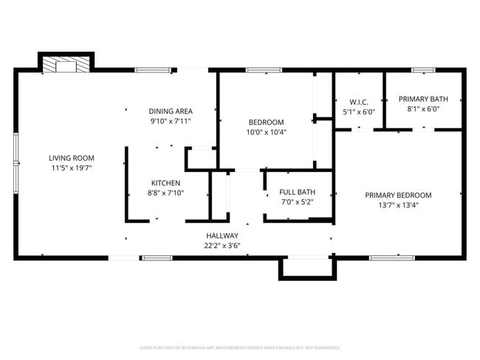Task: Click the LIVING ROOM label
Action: coord(72,158)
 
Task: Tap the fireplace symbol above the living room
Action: coord(66,66)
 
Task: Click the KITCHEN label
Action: coord(165,183)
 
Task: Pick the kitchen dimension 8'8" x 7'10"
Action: coord(165,193)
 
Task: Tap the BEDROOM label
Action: coord(266,122)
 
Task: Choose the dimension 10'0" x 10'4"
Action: coord(266,132)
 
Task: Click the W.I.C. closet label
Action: coord(359,102)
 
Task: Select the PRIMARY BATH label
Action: coord(423,99)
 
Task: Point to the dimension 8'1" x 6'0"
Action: coord(423,108)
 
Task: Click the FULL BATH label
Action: coord(297,192)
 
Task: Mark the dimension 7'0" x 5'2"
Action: coord(297,201)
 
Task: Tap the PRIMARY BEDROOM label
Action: coord(398,195)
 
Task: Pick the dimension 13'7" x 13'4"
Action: coord(398,205)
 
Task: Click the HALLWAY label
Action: coord(222,236)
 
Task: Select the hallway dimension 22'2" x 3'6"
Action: coord(222,246)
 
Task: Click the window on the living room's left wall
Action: coord(16,159)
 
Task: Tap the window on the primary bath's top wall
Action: coord(423,70)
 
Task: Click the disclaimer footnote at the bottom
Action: coord(239,347)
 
